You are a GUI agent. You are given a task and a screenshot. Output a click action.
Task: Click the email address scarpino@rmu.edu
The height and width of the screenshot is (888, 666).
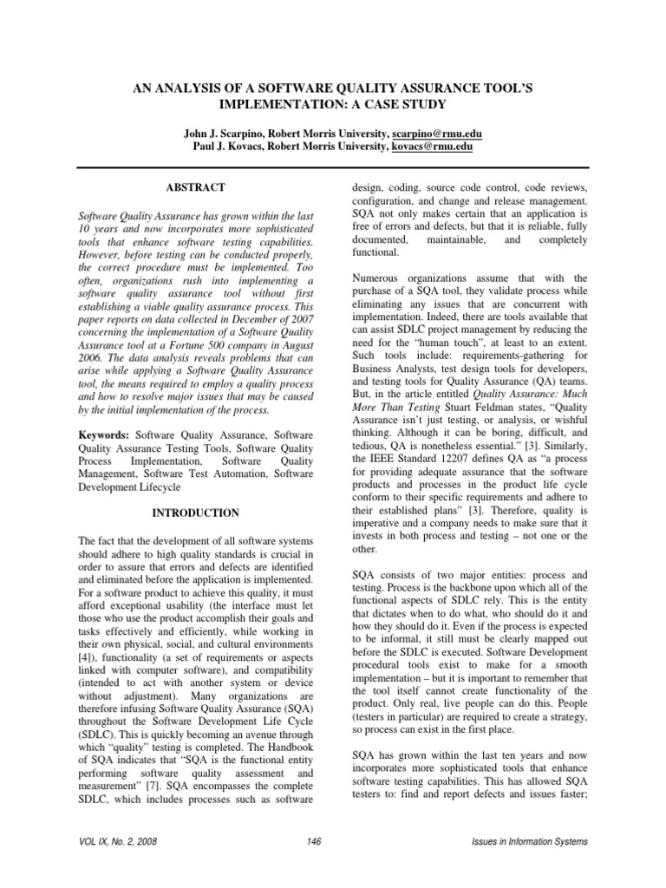438,134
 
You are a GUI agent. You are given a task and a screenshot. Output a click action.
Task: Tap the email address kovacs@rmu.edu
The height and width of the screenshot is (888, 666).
434,148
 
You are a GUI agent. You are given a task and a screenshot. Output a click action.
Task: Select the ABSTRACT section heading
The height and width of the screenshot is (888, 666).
194,187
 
